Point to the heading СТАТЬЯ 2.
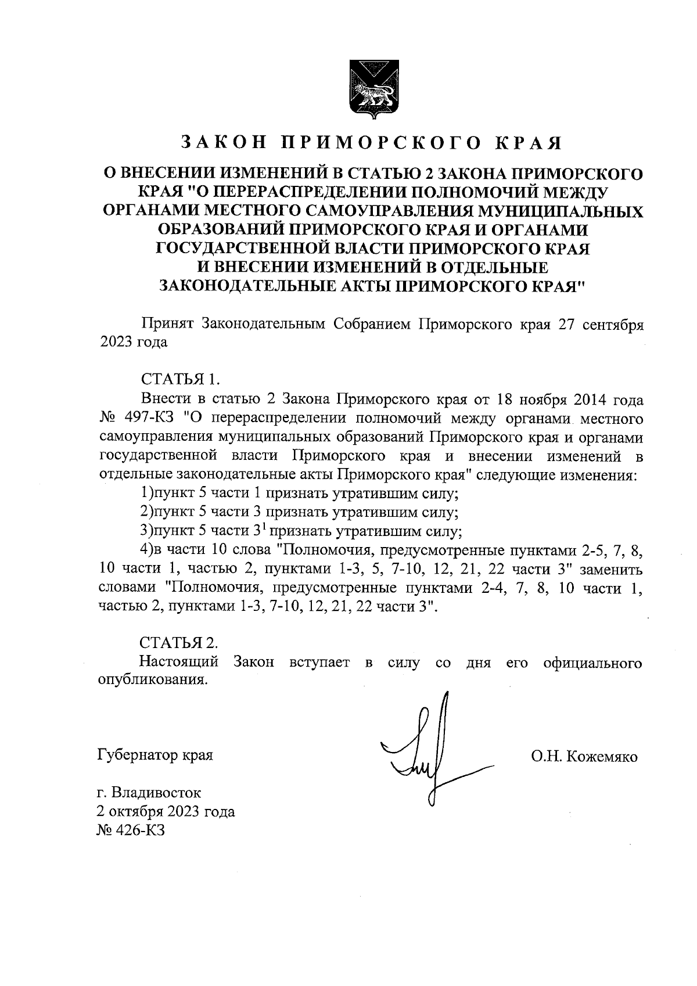click(179, 643)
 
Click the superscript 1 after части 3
click(262, 527)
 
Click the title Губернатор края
click(155, 756)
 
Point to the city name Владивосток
click(157, 793)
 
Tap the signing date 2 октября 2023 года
click(166, 812)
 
